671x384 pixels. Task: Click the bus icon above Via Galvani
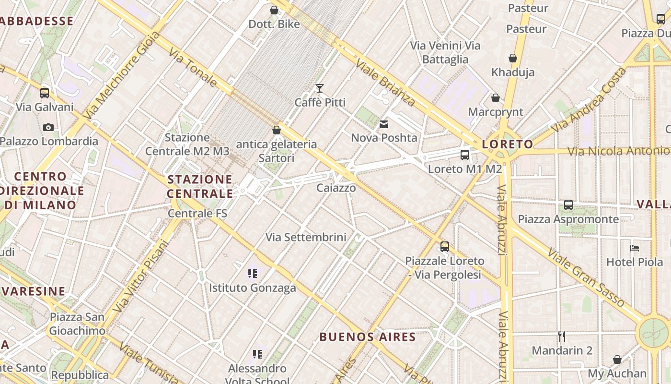(45, 93)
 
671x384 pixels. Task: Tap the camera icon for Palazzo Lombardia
(48, 127)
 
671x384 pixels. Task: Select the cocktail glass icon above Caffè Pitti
(320, 88)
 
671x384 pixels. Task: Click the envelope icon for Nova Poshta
(384, 124)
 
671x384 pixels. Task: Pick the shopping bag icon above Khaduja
(513, 58)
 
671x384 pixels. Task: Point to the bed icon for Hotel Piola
(635, 248)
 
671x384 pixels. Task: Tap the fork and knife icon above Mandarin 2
(562, 336)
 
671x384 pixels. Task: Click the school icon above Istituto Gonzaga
(253, 274)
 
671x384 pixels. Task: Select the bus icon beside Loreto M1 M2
(464, 155)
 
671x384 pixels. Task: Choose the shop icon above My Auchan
(617, 360)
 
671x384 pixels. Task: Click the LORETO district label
(507, 144)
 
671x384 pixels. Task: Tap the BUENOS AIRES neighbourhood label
(368, 336)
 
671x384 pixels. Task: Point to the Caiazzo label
(336, 188)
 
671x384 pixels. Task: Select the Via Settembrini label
(306, 237)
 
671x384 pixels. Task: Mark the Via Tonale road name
(193, 69)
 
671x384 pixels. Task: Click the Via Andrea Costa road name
(588, 101)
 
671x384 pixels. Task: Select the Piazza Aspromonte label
(568, 219)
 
